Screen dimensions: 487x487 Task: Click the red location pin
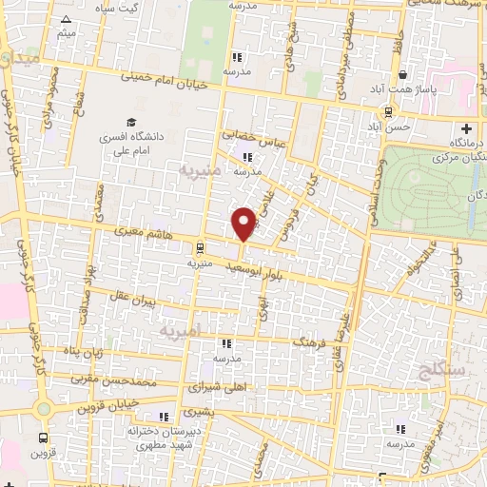tap(243, 223)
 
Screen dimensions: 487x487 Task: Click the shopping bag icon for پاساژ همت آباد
tap(403, 75)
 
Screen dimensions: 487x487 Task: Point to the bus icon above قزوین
tap(44, 438)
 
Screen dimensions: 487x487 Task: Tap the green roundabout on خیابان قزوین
tap(42, 409)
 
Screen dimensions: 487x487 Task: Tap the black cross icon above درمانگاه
tap(466, 128)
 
